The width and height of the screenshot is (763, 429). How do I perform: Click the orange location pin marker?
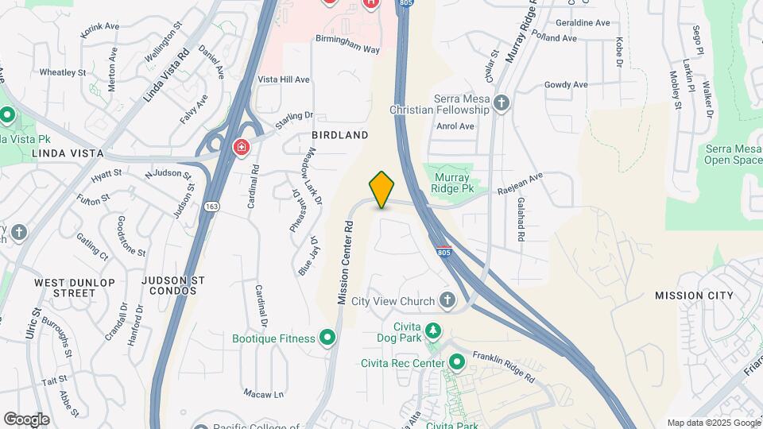click(382, 189)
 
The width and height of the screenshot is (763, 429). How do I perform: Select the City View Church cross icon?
click(447, 300)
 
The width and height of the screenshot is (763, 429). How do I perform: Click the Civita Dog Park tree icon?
click(432, 330)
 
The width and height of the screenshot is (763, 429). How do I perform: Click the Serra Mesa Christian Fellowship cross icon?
click(501, 102)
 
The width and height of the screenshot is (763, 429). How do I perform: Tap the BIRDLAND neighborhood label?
click(339, 135)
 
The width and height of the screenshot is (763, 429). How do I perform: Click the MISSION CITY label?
click(694, 296)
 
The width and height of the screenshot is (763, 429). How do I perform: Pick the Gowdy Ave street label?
click(566, 85)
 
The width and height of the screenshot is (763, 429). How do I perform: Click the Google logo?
click(27, 419)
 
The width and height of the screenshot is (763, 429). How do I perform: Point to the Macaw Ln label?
click(264, 394)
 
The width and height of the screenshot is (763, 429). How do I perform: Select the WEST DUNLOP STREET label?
click(75, 288)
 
